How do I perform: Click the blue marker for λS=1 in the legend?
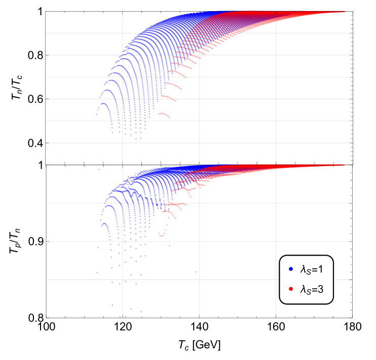(291, 269)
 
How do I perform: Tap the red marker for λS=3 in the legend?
(291, 289)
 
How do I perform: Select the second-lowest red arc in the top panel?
(168, 97)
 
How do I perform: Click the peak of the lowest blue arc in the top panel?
(103, 103)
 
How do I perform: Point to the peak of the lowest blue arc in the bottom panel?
(103, 223)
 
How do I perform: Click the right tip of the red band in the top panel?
(345, 11)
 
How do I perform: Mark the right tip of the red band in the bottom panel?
(345, 165)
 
